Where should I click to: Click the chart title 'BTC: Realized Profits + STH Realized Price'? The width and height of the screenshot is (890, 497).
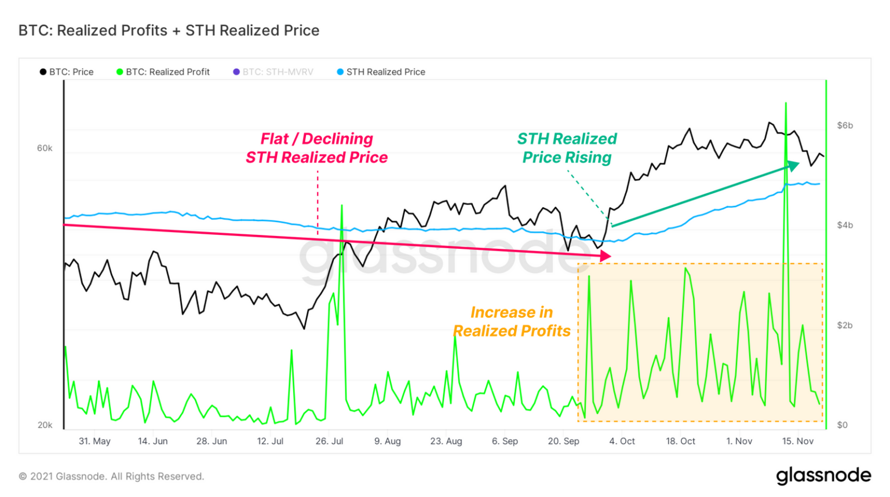pyautogui.click(x=169, y=31)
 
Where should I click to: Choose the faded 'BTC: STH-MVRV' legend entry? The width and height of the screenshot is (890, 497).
pyautogui.click(x=273, y=72)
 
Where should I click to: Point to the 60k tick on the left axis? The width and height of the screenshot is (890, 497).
pyautogui.click(x=45, y=149)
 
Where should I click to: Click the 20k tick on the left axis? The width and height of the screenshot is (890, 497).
pyautogui.click(x=45, y=425)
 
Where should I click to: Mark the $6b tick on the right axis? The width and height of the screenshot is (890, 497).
pyautogui.click(x=845, y=126)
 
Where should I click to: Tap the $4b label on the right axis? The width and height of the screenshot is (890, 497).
pyautogui.click(x=845, y=226)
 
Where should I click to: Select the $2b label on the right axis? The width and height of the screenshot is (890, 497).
pyautogui.click(x=845, y=326)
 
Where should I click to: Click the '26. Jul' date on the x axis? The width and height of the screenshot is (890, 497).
pyautogui.click(x=329, y=441)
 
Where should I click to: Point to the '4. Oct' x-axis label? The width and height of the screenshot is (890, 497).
pyautogui.click(x=622, y=441)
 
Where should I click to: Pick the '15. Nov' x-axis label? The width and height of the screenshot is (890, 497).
pyautogui.click(x=798, y=441)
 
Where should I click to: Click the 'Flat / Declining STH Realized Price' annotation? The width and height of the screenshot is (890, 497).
pyautogui.click(x=316, y=148)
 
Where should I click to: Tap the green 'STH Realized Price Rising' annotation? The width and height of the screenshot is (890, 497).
pyautogui.click(x=567, y=148)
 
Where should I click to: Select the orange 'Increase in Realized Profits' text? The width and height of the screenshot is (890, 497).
pyautogui.click(x=512, y=322)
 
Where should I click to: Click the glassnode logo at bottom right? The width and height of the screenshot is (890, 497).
pyautogui.click(x=823, y=476)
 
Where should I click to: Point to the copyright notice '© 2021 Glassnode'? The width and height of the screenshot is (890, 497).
pyautogui.click(x=111, y=477)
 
